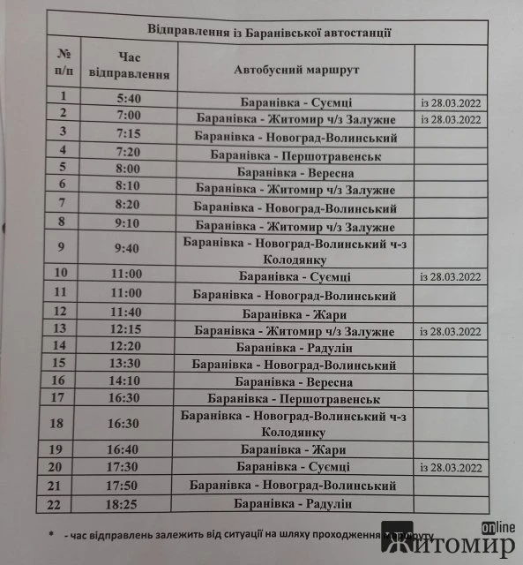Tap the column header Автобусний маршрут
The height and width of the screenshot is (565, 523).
[295, 69]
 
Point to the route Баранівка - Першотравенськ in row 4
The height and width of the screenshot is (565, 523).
[295, 154]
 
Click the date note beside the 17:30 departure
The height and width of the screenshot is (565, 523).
[451, 467]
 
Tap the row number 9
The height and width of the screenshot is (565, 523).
[60, 249]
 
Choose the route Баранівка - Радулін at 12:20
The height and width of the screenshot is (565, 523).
[295, 348]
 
